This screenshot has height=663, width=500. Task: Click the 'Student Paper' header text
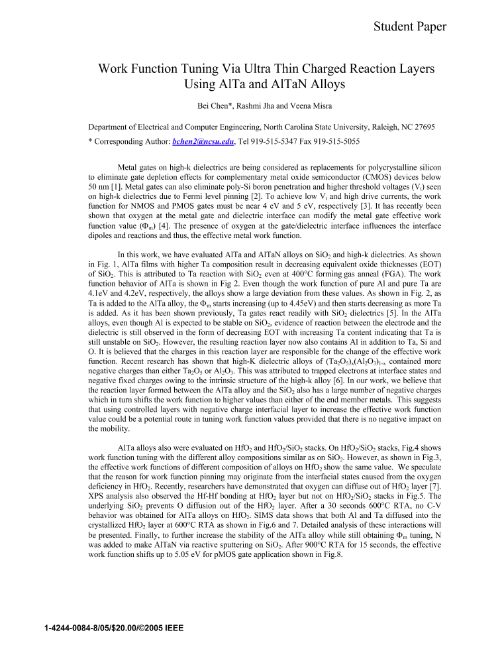[x=409, y=27]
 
